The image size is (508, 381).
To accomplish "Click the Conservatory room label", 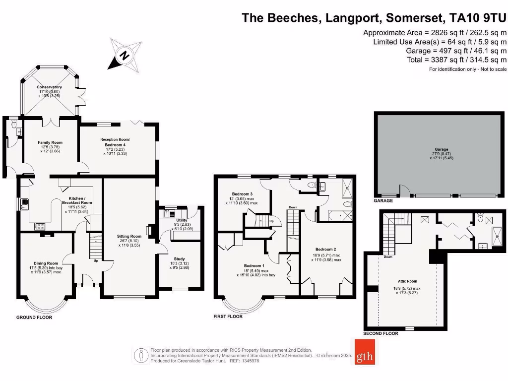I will (49, 87).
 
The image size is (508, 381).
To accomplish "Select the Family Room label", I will (50, 143).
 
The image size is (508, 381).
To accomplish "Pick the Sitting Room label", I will (129, 237).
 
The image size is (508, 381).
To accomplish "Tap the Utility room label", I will (182, 220).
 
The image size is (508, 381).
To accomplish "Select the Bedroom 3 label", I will (242, 194).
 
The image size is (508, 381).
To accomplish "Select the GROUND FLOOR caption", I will (34, 317).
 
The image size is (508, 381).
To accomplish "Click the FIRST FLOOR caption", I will (228, 317).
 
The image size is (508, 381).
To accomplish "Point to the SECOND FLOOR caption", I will (381, 333).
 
